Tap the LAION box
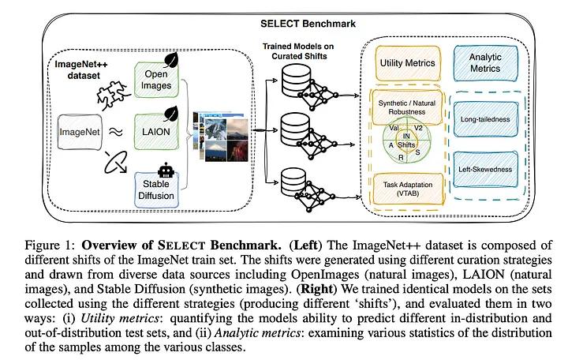159,131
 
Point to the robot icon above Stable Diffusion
165,169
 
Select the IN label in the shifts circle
407,135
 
